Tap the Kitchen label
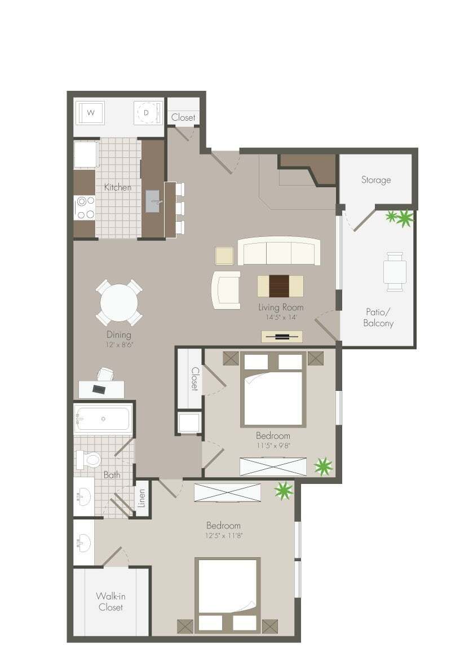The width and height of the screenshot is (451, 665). [118, 187]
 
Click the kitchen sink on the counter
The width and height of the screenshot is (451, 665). [154, 201]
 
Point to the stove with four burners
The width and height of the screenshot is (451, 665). [85, 207]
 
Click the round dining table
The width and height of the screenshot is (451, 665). [119, 303]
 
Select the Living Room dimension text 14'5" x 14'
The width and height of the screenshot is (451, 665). [281, 317]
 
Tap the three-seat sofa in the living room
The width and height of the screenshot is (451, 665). [278, 251]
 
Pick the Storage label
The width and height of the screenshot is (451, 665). [376, 180]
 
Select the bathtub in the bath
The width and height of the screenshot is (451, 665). [103, 419]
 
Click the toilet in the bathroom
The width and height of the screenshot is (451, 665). [89, 459]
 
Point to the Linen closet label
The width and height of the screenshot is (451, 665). [142, 497]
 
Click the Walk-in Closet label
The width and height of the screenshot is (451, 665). [110, 601]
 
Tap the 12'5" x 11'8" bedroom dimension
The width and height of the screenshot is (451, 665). [224, 536]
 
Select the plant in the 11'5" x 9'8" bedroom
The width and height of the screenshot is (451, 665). [323, 466]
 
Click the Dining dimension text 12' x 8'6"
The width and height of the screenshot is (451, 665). [119, 344]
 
